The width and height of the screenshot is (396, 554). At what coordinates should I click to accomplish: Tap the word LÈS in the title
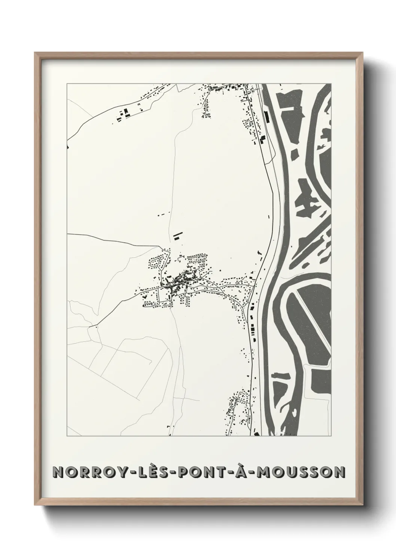click(142, 472)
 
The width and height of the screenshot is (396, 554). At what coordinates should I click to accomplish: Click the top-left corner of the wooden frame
click(35, 53)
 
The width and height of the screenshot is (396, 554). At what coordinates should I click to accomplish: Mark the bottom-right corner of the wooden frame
click(362, 506)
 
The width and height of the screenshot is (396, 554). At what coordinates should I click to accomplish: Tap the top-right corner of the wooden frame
click(362, 53)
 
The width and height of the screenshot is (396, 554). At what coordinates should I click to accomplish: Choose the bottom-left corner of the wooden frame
click(35, 506)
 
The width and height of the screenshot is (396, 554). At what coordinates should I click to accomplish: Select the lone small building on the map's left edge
click(68, 147)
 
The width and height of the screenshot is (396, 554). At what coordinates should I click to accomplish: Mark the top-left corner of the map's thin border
click(67, 84)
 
